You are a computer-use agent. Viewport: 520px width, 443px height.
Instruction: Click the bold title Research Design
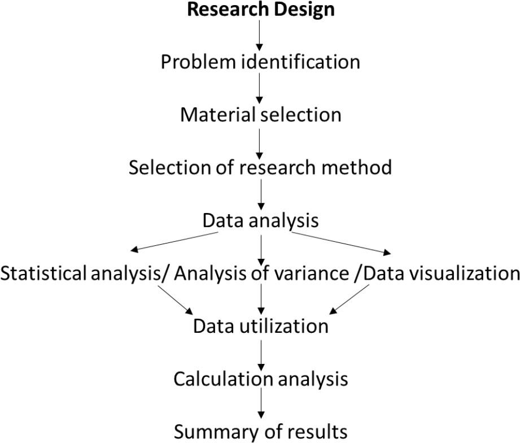pos(260,9)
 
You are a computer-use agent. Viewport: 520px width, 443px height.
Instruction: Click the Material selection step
pos(260,115)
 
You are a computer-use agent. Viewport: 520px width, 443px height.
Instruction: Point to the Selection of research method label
pos(260,168)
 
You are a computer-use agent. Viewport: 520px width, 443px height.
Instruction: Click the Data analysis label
pos(260,220)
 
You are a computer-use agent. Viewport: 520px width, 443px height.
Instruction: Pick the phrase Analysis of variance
pos(261,273)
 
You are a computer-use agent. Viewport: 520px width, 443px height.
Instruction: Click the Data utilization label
pos(260,326)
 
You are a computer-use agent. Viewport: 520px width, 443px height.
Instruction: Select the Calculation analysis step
pos(260,379)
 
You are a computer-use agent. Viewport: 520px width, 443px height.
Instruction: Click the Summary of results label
pos(260,432)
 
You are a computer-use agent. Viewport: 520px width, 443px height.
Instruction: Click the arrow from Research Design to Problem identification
pos(260,35)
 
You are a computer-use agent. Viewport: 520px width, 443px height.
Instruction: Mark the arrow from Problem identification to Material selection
pos(260,88)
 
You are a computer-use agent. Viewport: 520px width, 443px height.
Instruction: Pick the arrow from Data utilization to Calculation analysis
pos(260,353)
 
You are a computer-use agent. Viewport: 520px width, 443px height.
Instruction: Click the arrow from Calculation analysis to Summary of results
pos(260,405)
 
